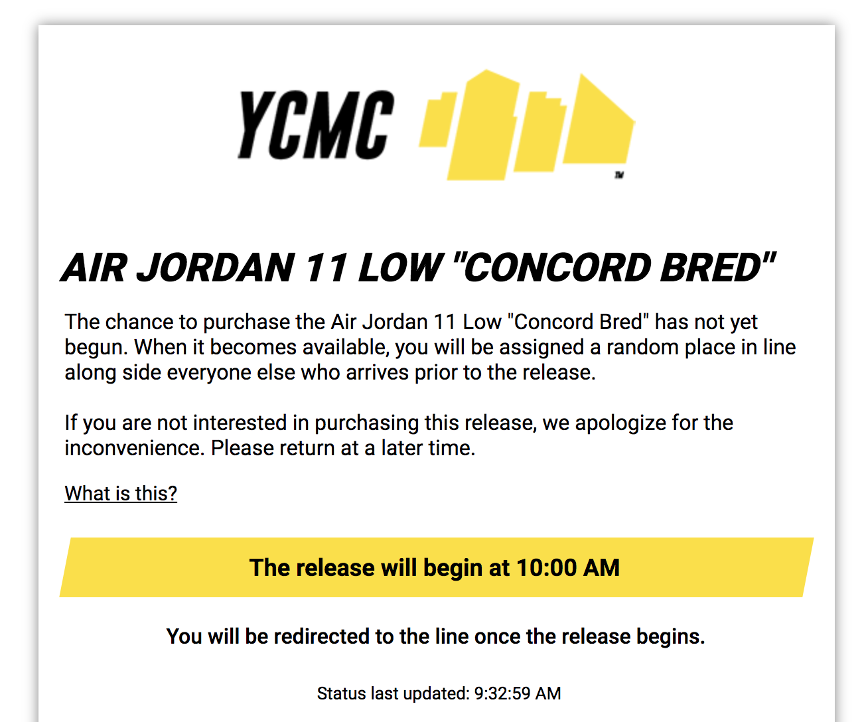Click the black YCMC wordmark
[316, 125]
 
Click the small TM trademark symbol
[619, 175]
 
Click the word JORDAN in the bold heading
[216, 268]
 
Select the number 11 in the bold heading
[326, 268]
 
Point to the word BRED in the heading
[710, 268]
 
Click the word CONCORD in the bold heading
[557, 268]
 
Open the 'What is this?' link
[121, 493]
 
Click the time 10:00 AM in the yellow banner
[568, 567]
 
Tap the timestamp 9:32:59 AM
[517, 693]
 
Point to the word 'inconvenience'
[135, 448]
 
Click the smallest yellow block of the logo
[437, 119]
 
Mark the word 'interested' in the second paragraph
[240, 423]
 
